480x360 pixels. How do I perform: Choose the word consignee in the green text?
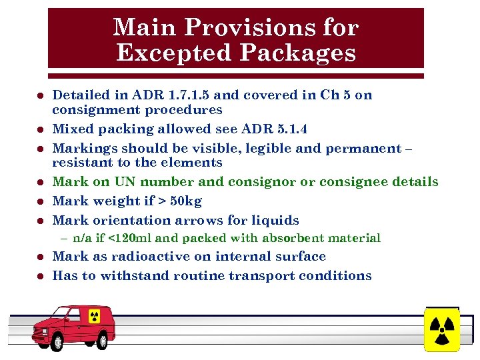point(364,181)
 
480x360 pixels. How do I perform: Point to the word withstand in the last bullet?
point(136,276)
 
